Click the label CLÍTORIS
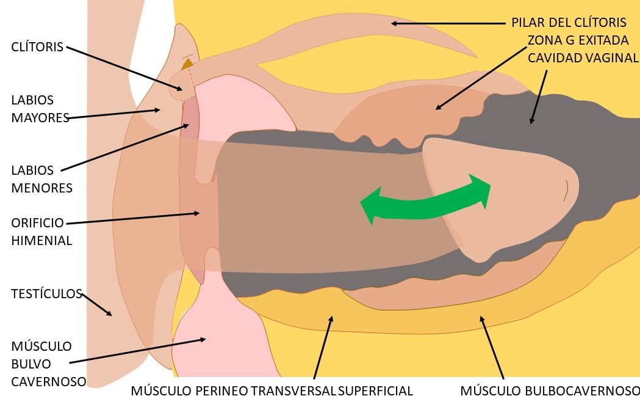[37, 46]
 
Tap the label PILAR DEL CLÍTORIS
[569, 23]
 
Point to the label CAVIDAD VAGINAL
[583, 58]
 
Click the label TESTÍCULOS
[46, 293]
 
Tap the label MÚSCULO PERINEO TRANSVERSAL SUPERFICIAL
[272, 391]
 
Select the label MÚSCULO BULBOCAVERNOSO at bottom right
[550, 391]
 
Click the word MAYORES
[40, 118]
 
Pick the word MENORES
[41, 188]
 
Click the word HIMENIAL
[41, 240]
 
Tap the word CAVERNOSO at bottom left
[49, 382]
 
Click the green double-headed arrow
[425, 201]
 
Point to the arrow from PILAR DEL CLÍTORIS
[448, 24]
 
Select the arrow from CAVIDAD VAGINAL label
[539, 97]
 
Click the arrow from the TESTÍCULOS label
[96, 304]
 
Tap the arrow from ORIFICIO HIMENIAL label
[133, 218]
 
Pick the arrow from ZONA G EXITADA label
[481, 78]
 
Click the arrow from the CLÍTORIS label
[124, 68]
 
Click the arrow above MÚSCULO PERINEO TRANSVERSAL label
[323, 347]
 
